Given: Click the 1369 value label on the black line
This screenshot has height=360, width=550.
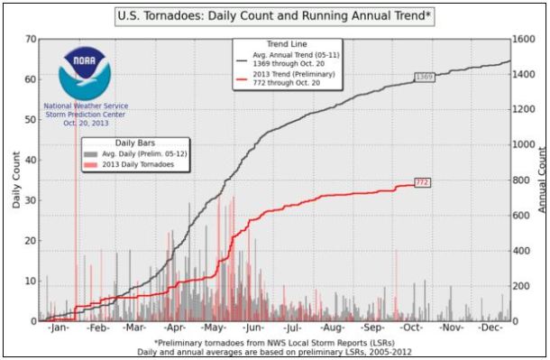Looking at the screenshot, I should (425, 78).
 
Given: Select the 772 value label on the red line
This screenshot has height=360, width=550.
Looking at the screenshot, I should (421, 182).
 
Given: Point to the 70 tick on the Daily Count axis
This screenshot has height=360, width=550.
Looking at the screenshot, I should (31, 40).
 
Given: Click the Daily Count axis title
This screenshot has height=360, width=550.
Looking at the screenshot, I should (16, 180).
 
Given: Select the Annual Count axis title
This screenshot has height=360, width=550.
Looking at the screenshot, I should (542, 180).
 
